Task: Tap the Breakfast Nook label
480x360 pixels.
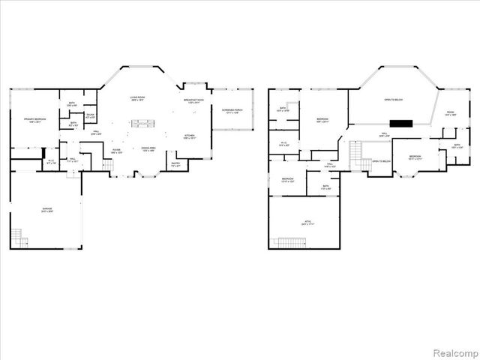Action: [x=194, y=102]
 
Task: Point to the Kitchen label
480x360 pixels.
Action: [x=189, y=136]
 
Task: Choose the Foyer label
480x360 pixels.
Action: [x=117, y=151]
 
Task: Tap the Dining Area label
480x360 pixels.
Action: [x=147, y=150]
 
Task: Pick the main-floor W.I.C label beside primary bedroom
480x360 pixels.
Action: [x=51, y=161]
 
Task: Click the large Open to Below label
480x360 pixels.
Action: [x=393, y=100]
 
